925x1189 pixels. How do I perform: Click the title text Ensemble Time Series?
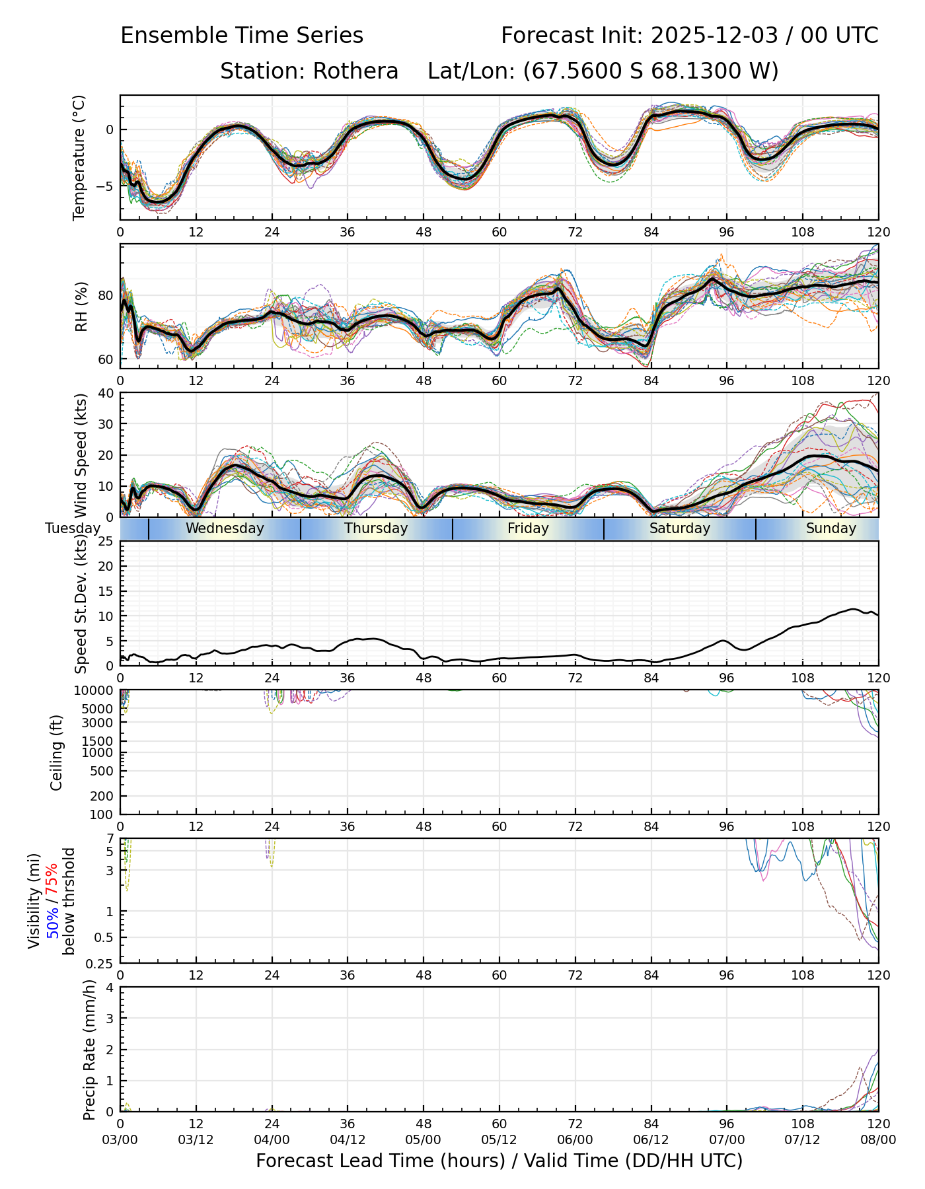(x=242, y=36)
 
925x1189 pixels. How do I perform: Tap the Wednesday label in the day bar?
(x=225, y=528)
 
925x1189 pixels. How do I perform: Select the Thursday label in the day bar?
(x=376, y=528)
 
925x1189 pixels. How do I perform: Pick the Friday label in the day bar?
(x=528, y=528)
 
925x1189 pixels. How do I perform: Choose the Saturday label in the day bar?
(x=679, y=528)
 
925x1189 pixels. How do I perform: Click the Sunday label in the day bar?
(x=831, y=528)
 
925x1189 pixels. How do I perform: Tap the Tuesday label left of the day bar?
(x=73, y=528)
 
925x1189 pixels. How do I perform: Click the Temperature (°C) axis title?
(x=79, y=157)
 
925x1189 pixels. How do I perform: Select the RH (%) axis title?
(x=81, y=306)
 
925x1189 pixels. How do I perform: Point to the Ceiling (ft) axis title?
(x=57, y=752)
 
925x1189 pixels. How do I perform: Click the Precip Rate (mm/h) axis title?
(x=89, y=1050)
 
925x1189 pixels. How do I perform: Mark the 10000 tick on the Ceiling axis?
(x=99, y=690)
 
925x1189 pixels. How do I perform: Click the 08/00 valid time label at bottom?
(x=878, y=1139)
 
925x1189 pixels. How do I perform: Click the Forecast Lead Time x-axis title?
(x=499, y=1161)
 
